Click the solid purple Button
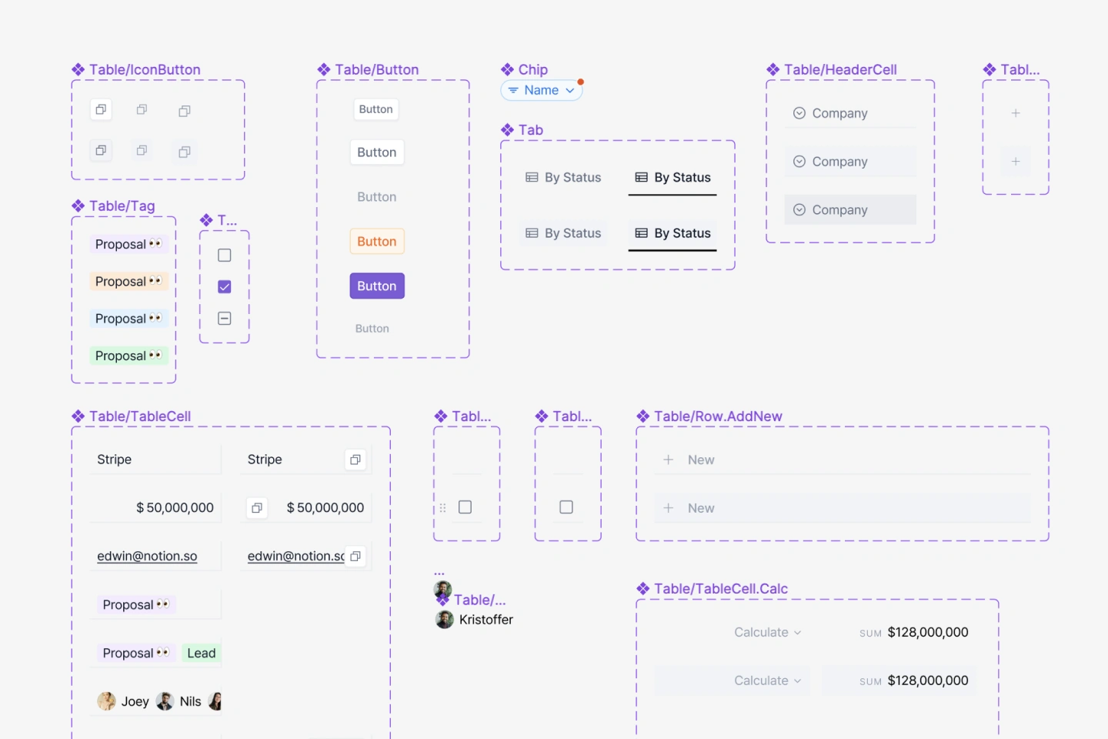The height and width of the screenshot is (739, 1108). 377,286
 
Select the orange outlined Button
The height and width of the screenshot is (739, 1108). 377,241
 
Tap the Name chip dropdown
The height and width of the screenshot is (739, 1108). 542,90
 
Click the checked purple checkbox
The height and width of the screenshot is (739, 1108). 225,286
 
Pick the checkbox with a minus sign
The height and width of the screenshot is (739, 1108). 225,318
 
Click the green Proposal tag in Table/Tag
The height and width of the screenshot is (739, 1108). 128,356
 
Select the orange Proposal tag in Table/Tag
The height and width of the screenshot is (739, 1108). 128,281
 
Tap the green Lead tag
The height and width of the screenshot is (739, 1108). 202,653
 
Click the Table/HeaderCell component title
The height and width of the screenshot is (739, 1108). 840,70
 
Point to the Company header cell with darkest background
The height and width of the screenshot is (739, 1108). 850,210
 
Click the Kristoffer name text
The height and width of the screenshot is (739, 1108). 486,620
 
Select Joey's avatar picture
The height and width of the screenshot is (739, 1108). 106,701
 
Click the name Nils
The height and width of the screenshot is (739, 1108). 191,701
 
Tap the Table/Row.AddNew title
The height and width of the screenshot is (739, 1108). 718,416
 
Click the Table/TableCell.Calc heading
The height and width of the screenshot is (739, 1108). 721,589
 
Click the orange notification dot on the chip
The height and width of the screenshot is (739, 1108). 581,82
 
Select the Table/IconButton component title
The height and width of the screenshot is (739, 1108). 145,70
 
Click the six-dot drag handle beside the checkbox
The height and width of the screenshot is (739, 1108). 442,508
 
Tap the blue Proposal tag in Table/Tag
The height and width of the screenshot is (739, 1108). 128,318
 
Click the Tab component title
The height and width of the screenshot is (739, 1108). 531,130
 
